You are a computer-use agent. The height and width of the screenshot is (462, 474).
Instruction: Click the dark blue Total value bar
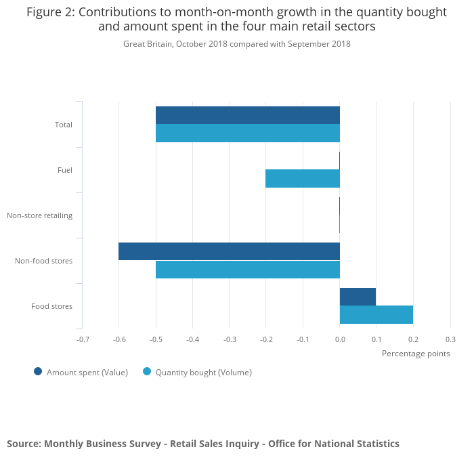coord(247,115)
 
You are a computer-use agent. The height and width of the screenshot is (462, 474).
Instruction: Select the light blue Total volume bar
coord(247,133)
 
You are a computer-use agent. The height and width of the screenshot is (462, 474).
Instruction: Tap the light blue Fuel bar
coord(302,178)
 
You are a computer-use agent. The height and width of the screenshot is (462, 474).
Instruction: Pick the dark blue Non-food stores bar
coord(229,251)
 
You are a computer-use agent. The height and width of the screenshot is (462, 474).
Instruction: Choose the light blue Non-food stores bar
coord(247,270)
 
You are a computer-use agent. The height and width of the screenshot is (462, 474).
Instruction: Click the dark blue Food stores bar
coord(358,297)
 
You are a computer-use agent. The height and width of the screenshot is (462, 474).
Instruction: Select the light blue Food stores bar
coord(376,314)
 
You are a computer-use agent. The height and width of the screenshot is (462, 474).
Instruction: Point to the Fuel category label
coord(65,170)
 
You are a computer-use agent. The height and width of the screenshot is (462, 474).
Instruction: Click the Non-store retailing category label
coord(39,215)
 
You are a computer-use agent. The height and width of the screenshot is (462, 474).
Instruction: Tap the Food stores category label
coord(51,306)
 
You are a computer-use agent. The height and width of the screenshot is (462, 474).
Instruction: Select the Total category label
coord(64,125)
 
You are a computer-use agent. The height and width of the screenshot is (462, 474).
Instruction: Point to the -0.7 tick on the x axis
coord(83,339)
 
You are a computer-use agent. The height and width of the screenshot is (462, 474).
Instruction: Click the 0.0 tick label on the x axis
coord(340,339)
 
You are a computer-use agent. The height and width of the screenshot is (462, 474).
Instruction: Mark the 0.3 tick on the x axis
coord(450,339)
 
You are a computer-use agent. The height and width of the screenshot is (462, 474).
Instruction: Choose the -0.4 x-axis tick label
coord(193,339)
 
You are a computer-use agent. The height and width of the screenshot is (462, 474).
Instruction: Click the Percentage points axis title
coord(416,353)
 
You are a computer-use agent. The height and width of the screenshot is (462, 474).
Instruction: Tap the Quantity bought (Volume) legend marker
coord(147,371)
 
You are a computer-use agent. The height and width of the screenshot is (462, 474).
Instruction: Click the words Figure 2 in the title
coord(48,12)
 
